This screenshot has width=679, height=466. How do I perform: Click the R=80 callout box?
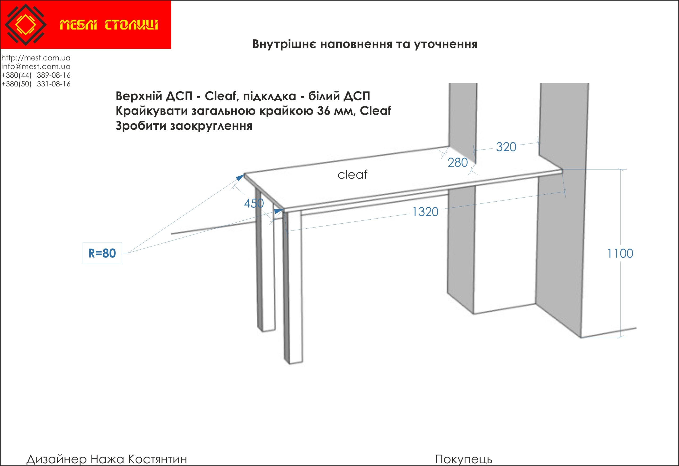[102, 253]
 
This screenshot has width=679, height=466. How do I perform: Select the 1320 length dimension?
[425, 212]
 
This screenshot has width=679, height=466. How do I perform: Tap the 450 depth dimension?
[254, 203]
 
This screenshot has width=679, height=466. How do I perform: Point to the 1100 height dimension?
[620, 254]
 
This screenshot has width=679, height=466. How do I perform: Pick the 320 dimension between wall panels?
[506, 147]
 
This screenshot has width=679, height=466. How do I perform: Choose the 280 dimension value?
[458, 162]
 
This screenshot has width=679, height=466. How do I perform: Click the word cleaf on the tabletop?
[352, 175]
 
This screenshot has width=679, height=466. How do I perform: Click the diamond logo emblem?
[26, 25]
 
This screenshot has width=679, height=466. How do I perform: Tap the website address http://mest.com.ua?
[36, 58]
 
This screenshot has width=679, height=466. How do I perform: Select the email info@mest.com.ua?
[36, 66]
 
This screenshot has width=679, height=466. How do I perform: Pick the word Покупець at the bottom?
[464, 459]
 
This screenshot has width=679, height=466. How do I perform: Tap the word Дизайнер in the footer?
[56, 459]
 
